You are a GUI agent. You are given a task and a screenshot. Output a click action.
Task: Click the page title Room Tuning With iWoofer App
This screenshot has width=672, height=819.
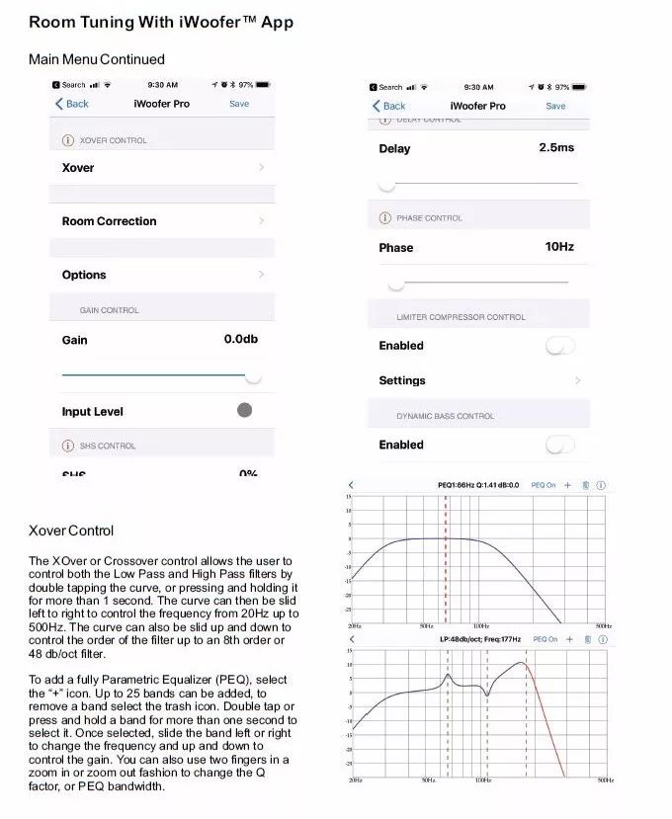point(160,22)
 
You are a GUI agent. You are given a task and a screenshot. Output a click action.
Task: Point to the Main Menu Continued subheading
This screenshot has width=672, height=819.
point(97,59)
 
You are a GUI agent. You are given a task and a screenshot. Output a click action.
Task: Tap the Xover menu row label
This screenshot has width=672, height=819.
point(78,168)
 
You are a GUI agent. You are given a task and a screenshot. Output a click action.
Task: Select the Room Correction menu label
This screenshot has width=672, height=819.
point(109,221)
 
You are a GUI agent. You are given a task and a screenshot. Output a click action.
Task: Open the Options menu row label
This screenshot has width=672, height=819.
point(84,275)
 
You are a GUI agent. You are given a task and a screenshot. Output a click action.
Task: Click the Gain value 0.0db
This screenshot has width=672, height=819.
point(240,339)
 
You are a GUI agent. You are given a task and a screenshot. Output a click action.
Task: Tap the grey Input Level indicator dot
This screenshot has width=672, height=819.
point(245,410)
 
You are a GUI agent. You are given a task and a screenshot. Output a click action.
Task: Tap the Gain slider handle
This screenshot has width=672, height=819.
point(253,376)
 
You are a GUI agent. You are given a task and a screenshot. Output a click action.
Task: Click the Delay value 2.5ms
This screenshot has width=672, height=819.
point(556,147)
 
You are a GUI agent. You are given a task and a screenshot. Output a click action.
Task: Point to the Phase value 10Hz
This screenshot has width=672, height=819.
point(559,246)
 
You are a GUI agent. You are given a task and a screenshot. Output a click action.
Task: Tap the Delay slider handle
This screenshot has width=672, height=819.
point(387,185)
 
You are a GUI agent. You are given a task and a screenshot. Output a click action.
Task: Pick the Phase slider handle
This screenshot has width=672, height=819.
point(395,284)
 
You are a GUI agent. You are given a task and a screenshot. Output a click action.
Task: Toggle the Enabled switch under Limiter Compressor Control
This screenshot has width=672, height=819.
point(560,346)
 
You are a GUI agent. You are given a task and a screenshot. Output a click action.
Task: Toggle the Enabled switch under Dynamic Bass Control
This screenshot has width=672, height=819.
point(560,445)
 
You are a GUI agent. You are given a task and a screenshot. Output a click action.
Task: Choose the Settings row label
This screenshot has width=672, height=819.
point(402,380)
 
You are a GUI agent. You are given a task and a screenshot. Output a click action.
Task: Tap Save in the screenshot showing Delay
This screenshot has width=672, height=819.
point(556,106)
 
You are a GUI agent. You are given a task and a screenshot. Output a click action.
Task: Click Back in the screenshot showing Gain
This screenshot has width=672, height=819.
point(72,104)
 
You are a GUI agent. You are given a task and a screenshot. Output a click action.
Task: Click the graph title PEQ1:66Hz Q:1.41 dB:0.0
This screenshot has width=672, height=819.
point(478,485)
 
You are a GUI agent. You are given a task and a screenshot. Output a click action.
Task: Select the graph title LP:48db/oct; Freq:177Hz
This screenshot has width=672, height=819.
point(480,639)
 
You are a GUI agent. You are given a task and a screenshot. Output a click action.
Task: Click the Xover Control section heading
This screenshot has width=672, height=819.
point(71,531)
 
